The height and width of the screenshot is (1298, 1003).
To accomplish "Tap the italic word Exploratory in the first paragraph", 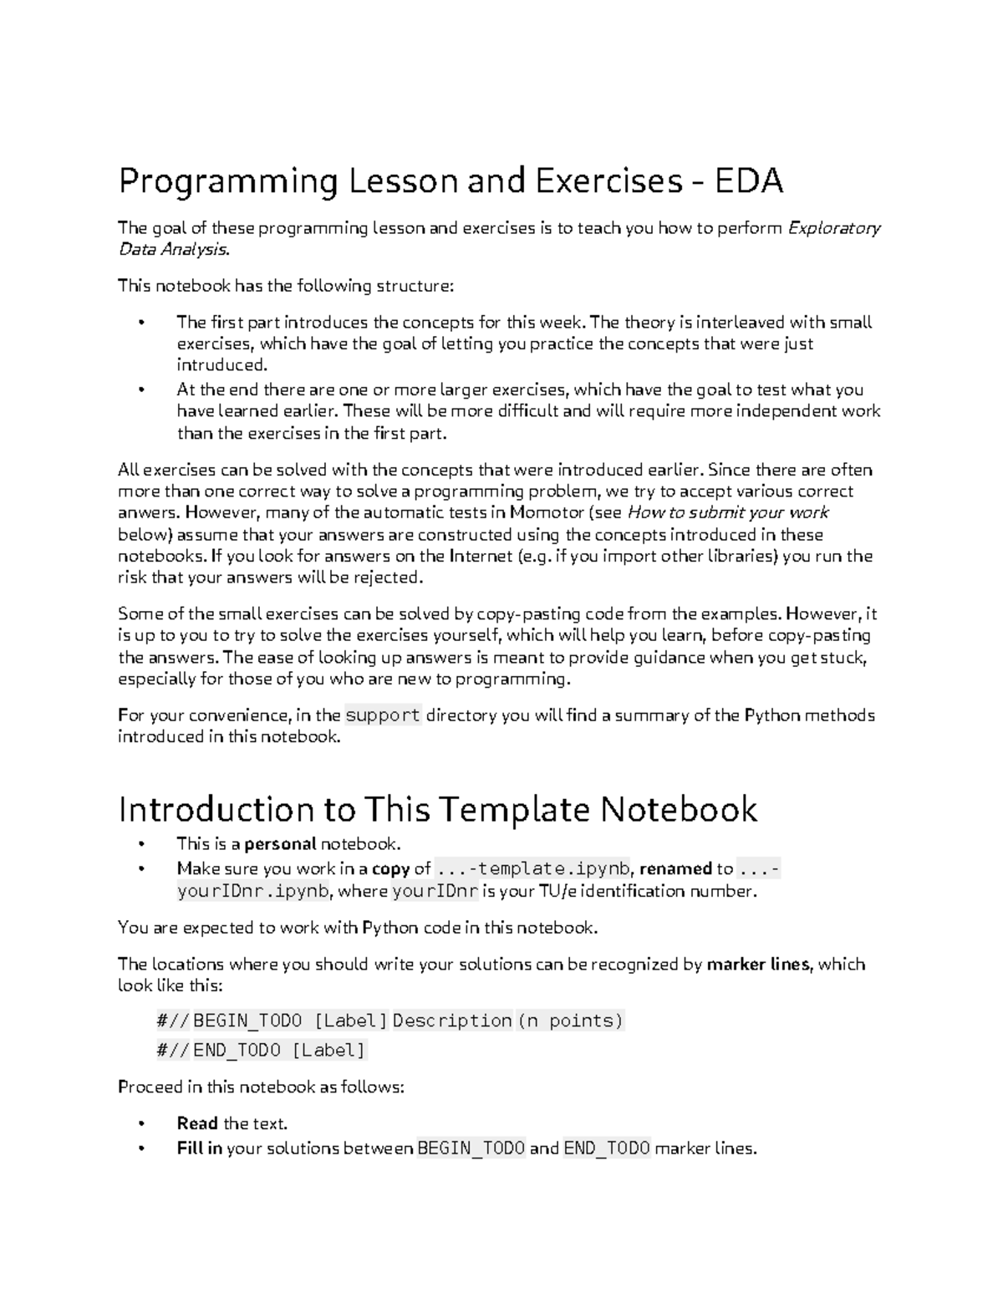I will tap(834, 228).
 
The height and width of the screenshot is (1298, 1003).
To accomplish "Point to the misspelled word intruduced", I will tap(221, 365).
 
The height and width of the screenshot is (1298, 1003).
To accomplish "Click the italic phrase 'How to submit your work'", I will tap(727, 512).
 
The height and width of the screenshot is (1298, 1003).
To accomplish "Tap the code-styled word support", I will tap(383, 715).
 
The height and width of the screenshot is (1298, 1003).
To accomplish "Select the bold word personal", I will tap(280, 844).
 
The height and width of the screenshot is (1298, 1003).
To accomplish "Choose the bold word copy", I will tap(390, 868).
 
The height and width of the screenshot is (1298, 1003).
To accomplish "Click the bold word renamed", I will tap(675, 868).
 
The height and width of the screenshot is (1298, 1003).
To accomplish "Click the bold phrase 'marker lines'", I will tap(758, 964).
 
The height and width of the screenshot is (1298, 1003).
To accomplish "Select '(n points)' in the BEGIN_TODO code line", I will tap(571, 1021).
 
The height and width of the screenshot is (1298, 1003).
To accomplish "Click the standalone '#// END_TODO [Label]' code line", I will tap(262, 1050).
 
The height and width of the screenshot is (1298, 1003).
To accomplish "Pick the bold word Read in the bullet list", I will tap(197, 1123).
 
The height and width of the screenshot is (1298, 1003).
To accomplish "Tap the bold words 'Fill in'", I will tap(199, 1148).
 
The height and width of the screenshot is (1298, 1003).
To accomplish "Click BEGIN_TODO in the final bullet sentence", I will tap(471, 1148).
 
